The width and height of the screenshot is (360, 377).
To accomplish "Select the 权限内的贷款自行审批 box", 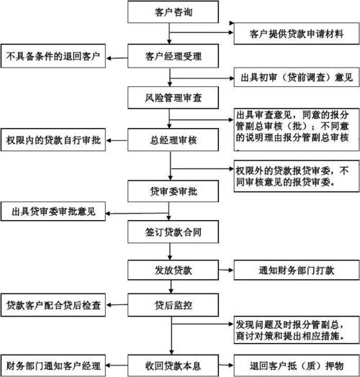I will [x=54, y=138].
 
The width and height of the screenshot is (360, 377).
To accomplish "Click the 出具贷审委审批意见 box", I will [x=54, y=212].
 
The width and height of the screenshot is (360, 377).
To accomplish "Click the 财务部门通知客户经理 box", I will [x=54, y=361].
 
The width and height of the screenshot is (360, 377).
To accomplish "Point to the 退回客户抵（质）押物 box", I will [x=296, y=361].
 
